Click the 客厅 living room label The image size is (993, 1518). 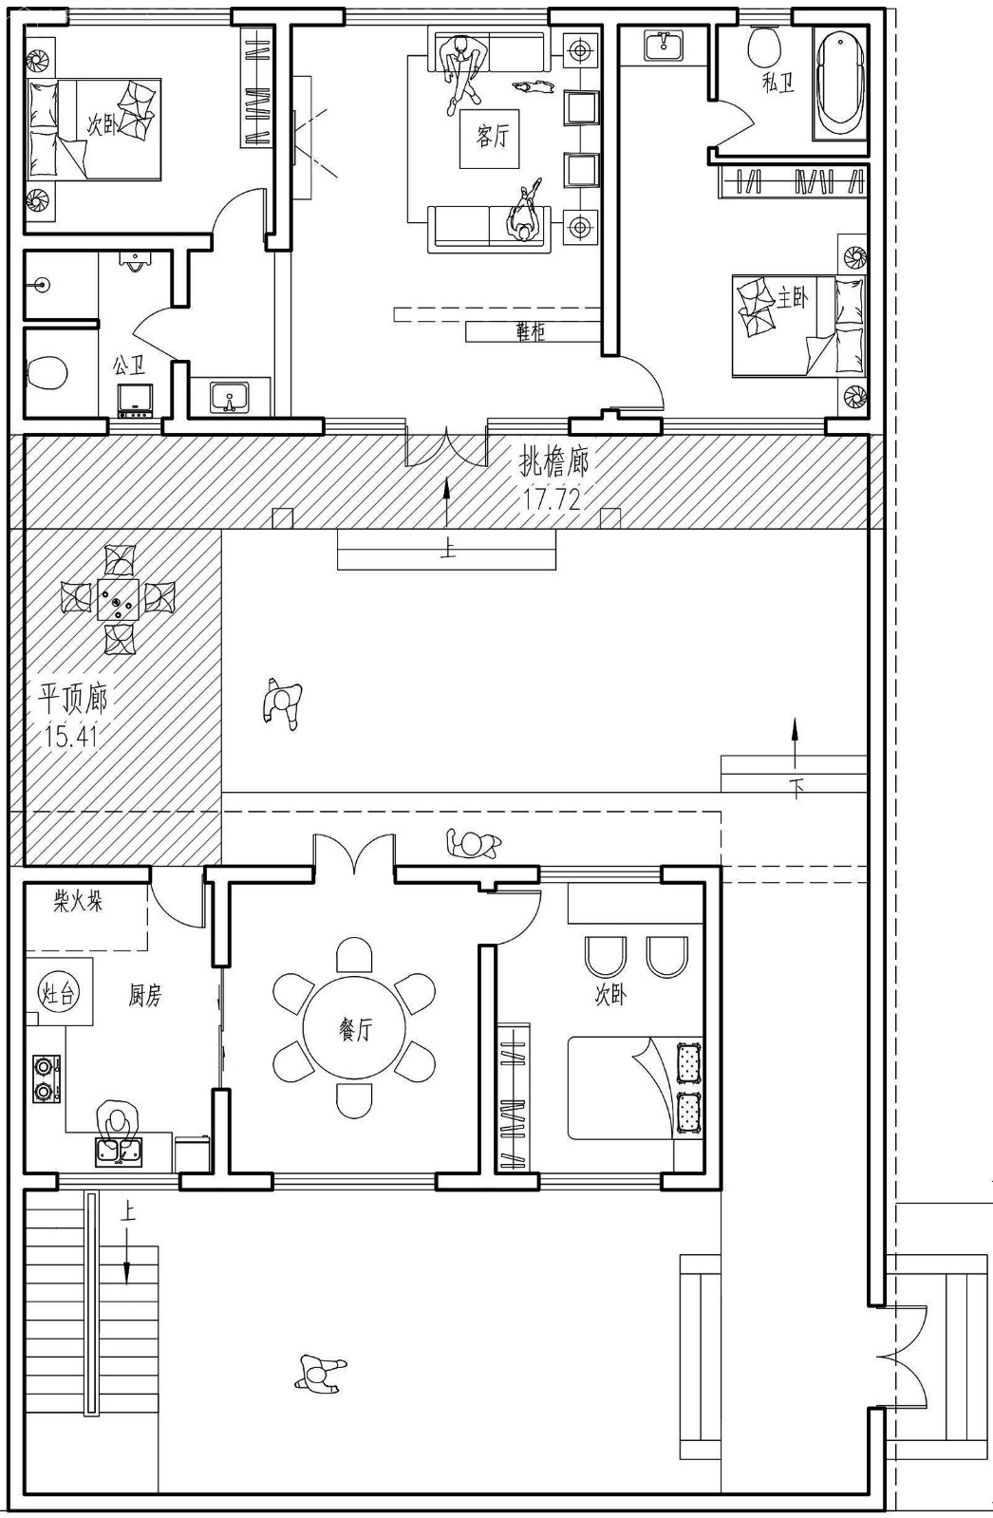point(492,137)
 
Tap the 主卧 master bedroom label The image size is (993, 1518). point(792,297)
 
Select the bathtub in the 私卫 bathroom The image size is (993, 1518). point(840,84)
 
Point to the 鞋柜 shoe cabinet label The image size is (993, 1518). point(531,331)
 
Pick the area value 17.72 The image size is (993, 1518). point(553,499)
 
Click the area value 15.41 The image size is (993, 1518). point(71,736)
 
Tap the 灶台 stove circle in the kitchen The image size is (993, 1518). point(58,994)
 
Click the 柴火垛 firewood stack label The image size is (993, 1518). point(78,903)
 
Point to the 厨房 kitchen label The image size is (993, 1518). point(145,996)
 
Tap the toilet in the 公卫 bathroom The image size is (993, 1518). point(47,372)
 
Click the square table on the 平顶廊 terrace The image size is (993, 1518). point(118,600)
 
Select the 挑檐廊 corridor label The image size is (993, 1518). point(553,462)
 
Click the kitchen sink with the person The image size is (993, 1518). point(119,1153)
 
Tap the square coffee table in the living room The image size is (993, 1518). point(490,139)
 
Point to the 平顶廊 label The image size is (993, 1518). point(72,699)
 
